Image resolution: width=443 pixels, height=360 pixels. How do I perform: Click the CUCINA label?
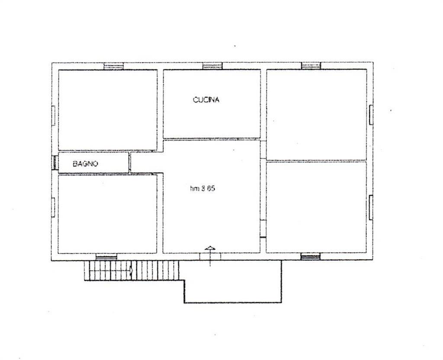[206, 100]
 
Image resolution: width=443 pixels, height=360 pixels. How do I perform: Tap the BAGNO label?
[86, 164]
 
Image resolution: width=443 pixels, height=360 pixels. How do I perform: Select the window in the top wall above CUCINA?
[212, 66]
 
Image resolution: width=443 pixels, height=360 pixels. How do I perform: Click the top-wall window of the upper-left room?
[114, 66]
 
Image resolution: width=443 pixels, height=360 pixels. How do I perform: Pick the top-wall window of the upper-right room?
[311, 66]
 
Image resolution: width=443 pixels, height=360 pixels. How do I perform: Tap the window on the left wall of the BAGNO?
[55, 162]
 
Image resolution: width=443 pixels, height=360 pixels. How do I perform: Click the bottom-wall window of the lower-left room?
[106, 257]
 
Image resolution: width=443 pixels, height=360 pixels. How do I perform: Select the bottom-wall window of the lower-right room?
[311, 257]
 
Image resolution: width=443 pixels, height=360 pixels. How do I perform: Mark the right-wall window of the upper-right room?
[371, 115]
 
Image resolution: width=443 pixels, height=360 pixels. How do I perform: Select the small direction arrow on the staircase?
[131, 270]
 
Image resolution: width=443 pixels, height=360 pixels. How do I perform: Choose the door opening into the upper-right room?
[263, 150]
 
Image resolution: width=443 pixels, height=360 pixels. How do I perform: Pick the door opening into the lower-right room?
[263, 228]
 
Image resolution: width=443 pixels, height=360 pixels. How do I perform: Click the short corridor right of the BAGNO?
[146, 162]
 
